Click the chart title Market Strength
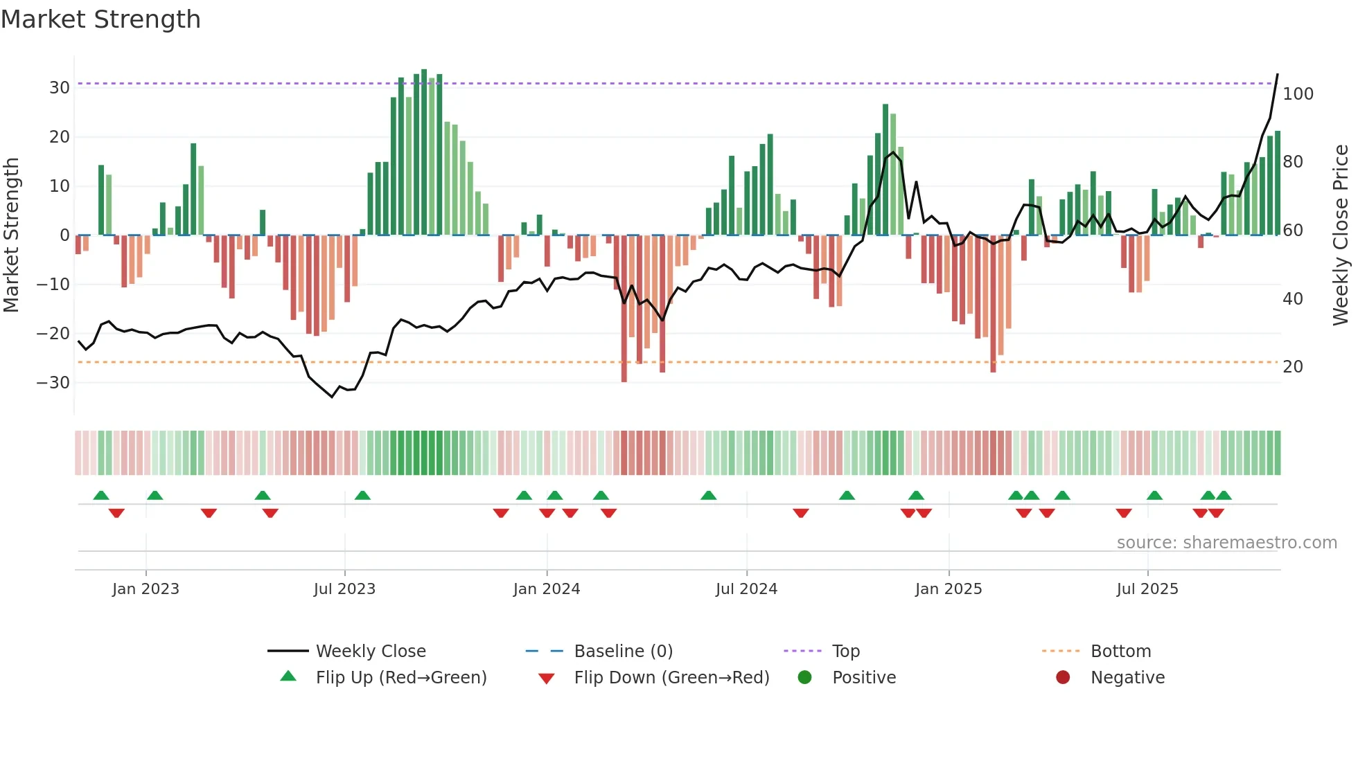pos(100,19)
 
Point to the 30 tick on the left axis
pos(60,88)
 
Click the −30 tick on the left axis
pos(53,383)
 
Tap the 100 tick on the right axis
pos(1298,94)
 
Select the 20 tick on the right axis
pos(1292,367)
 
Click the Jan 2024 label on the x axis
pos(546,589)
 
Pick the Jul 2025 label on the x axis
pos(1147,589)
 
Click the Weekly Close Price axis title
pos(1341,235)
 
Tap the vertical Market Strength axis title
pos(11,235)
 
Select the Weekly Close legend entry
pos(371,652)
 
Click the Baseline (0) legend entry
pos(623,652)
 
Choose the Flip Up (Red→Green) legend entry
pos(400,678)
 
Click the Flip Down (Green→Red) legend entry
pos(671,678)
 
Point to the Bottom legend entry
pos(1120,652)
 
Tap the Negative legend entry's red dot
pos(1063,678)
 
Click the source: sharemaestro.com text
pos(1226,543)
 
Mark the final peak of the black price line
pos(1278,75)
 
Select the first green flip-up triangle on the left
pos(101,496)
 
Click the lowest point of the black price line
pos(332,397)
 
